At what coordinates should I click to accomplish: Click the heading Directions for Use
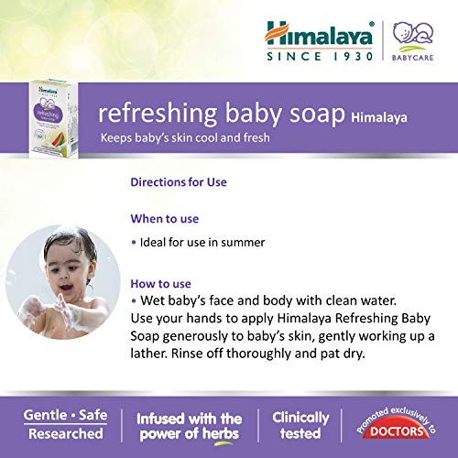179,181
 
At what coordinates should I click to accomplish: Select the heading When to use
165,219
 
